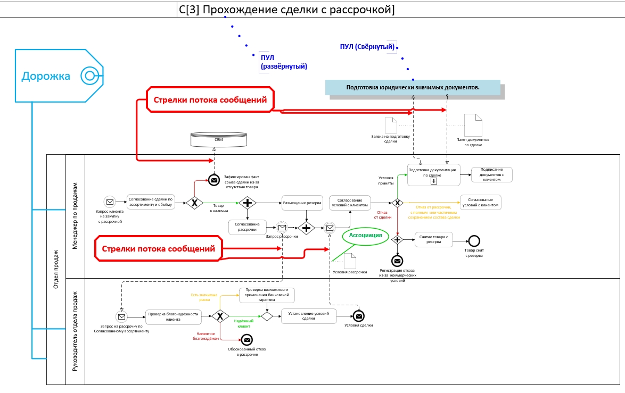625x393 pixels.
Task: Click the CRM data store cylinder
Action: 218,139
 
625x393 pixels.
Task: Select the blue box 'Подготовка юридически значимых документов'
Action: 413,87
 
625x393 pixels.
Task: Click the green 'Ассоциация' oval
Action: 365,235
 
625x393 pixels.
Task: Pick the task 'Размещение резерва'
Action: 302,203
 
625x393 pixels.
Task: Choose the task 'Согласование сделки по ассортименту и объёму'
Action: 151,202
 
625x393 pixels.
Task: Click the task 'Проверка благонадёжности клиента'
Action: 173,316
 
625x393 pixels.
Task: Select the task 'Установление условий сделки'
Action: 309,316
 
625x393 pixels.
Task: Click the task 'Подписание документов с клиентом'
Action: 491,175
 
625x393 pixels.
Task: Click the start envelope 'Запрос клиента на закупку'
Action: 110,202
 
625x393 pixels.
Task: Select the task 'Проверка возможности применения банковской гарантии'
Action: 267,295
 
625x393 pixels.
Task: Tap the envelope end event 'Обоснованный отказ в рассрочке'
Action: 246,340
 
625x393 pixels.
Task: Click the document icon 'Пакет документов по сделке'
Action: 473,125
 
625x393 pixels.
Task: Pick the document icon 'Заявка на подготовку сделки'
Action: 391,126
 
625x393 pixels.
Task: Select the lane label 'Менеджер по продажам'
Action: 75,216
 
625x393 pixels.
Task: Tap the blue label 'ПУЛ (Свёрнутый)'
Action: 367,47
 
